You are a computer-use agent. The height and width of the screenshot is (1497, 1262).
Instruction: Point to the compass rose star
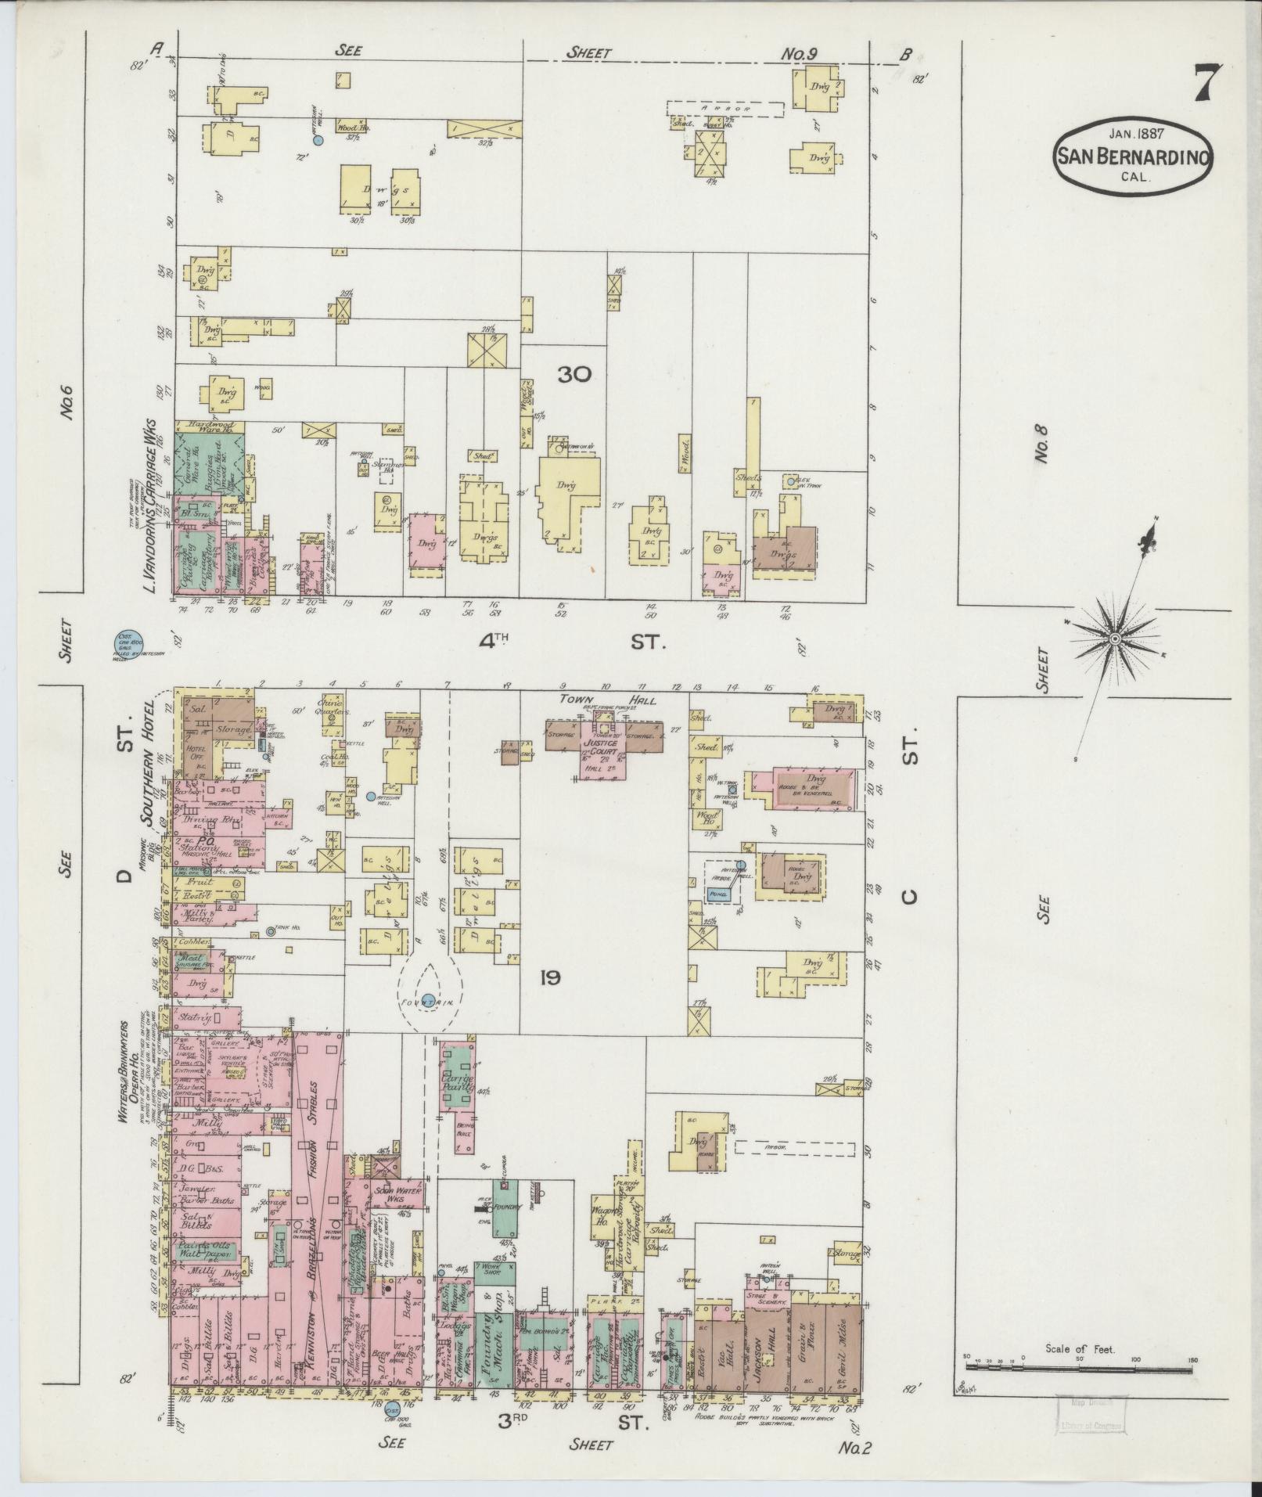point(1116,641)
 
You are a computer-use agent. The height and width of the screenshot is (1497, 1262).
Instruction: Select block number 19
point(549,977)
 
